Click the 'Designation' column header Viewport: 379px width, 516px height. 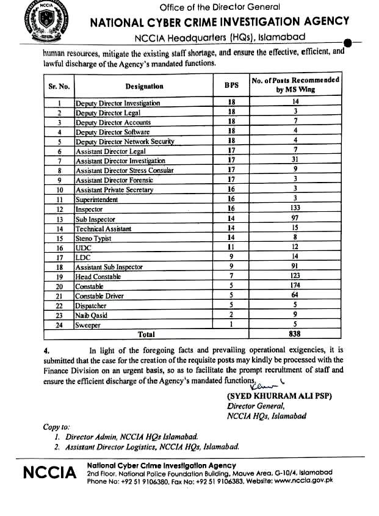[x=144, y=87]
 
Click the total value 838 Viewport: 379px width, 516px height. [x=295, y=335]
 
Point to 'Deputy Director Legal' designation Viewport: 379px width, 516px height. [x=108, y=113]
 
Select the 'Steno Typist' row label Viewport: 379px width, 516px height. [x=93, y=238]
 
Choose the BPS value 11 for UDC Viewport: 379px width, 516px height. [x=231, y=248]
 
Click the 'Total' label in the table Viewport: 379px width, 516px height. [x=146, y=335]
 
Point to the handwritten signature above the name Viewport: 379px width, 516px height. [x=264, y=383]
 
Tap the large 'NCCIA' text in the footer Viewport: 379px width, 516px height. [x=49, y=474]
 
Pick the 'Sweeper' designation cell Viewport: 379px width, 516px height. [x=88, y=325]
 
